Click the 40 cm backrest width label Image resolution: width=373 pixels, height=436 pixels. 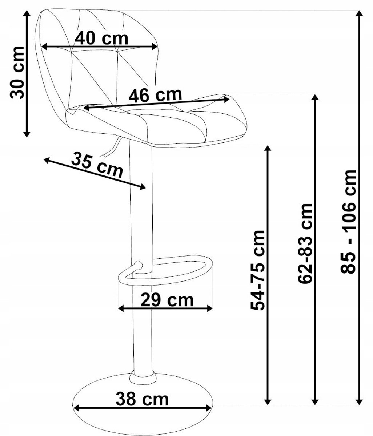101,39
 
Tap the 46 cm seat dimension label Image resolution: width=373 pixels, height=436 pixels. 155,95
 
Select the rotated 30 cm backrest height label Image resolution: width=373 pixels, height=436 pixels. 17,72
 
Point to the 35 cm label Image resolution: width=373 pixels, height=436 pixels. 97,165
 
